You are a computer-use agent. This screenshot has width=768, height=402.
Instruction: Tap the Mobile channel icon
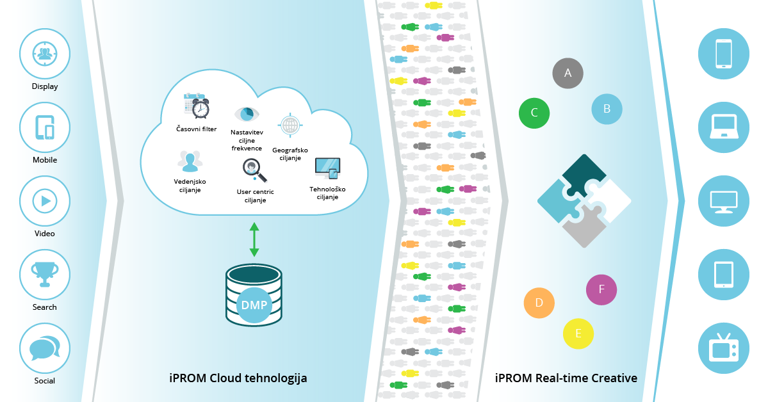tap(44, 127)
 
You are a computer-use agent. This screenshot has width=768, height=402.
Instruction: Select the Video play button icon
tap(44, 200)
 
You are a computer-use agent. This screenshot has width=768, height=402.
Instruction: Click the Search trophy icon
tap(44, 274)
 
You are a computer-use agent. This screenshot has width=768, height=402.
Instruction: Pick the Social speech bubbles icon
tap(44, 348)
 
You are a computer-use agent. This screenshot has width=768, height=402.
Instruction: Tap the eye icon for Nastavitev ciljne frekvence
tap(247, 114)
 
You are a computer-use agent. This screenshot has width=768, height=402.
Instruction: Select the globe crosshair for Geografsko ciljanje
tap(290, 124)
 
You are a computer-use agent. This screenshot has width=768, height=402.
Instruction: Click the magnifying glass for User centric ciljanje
tap(251, 168)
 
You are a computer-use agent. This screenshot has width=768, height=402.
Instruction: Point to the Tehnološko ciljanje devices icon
tap(327, 168)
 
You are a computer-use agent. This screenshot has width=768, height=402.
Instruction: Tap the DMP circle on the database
tap(254, 305)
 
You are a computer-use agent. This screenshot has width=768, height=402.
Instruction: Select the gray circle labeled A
tap(568, 73)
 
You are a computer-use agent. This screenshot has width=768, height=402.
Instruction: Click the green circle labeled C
tap(534, 113)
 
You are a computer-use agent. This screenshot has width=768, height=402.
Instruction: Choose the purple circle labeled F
tap(601, 289)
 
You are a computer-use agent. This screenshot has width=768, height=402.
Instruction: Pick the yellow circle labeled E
tap(578, 334)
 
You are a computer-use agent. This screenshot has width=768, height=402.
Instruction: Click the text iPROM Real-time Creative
tap(566, 378)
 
